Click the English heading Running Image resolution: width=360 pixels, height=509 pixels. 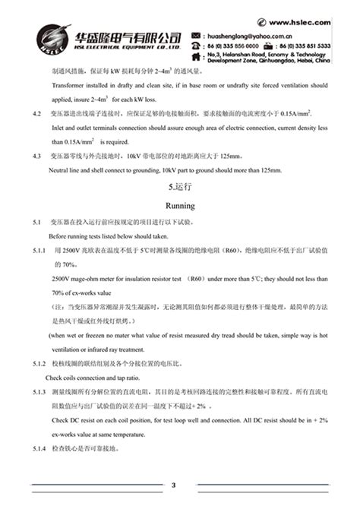180,206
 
